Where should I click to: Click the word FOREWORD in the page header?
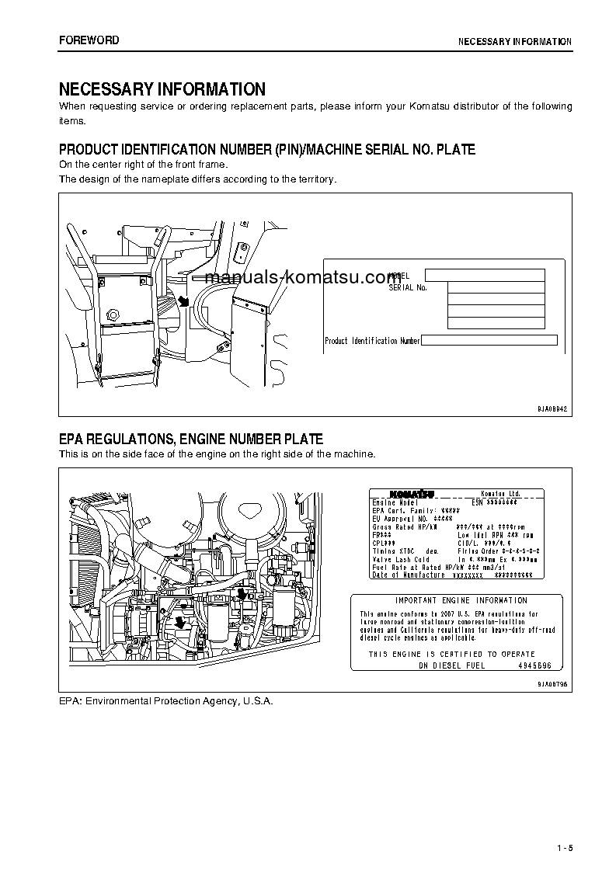[x=89, y=40]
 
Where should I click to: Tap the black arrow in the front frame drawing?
[x=183, y=301]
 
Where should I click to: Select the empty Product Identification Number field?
[x=489, y=340]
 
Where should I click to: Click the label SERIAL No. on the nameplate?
[x=408, y=287]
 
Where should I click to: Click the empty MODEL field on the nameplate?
[x=485, y=275]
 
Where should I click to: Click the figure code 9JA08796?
[x=552, y=684]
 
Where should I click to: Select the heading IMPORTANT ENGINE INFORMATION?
[x=461, y=600]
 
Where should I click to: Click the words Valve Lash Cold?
[x=401, y=559]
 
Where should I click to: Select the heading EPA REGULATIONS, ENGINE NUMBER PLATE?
[x=191, y=439]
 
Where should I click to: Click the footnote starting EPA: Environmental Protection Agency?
[x=166, y=700]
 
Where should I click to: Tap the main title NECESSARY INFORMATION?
[x=162, y=89]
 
